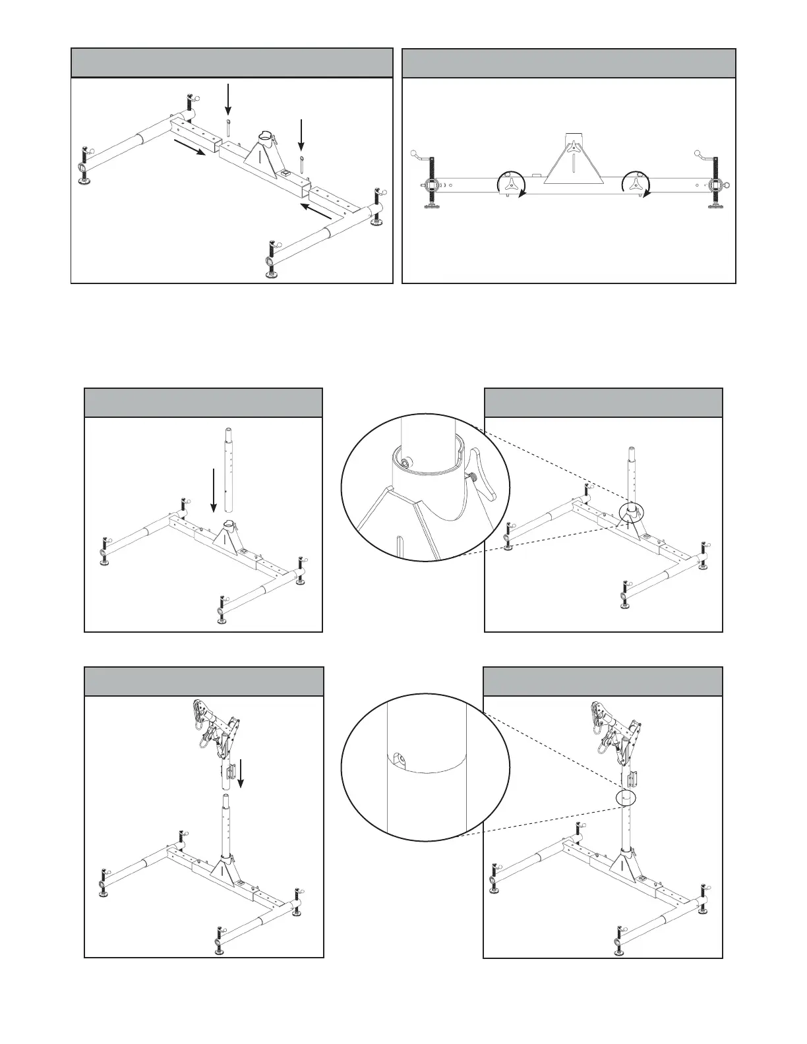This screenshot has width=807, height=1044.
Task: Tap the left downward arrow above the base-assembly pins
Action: [227, 100]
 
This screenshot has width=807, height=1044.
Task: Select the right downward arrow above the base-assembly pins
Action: [301, 136]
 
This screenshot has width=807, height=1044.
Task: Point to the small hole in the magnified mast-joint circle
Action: [396, 757]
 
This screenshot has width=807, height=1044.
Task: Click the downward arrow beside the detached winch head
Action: [241, 774]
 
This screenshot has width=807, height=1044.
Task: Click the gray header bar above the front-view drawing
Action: [568, 63]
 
